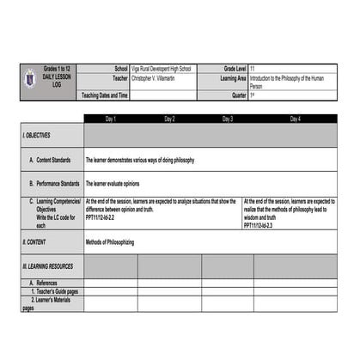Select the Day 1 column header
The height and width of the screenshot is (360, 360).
tap(111, 119)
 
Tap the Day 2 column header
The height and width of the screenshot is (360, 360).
tap(169, 119)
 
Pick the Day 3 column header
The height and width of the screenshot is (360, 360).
tap(228, 119)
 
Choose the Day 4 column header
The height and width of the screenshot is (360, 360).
tap(295, 119)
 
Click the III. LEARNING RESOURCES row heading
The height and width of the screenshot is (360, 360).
tap(48, 267)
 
